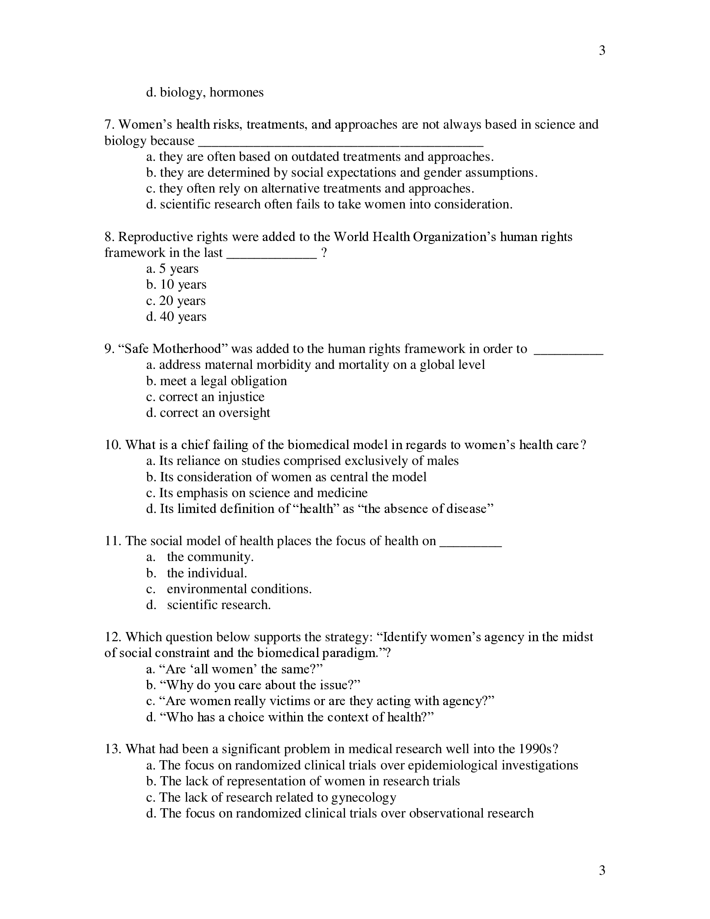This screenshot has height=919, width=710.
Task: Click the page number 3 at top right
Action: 602,51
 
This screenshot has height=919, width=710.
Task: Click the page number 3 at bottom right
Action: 602,870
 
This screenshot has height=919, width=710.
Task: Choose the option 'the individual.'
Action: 206,573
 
